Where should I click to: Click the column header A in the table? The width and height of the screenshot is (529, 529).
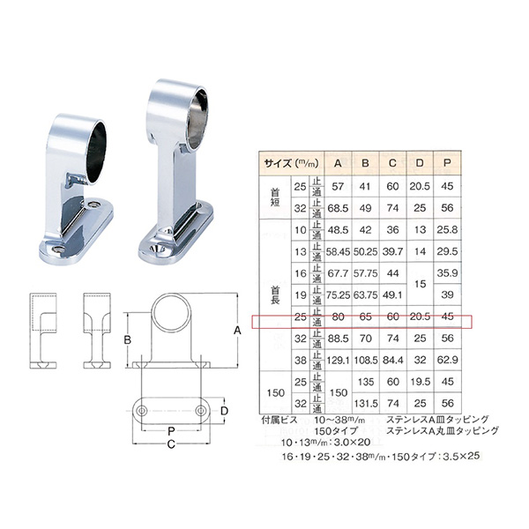[x=337, y=162]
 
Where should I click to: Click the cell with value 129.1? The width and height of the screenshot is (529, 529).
[x=337, y=359]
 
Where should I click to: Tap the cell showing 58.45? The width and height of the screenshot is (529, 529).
[x=337, y=251]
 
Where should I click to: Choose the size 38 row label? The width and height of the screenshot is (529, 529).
[x=298, y=359]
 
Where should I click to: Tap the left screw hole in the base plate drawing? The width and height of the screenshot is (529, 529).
[x=142, y=411]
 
